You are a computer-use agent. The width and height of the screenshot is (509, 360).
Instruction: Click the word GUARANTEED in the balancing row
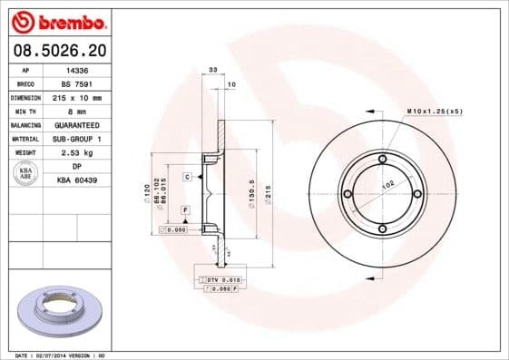[78, 124]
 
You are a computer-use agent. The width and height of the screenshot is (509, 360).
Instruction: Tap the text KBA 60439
[78, 181]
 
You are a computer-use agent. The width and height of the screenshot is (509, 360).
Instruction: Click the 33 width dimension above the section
[212, 70]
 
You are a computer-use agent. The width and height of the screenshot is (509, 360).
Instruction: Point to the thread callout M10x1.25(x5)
[435, 110]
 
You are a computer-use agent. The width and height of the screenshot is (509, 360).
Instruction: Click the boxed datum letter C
[187, 176]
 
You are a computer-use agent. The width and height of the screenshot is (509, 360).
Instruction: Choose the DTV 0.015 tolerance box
[219, 279]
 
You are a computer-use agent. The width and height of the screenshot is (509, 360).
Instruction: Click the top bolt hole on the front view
[382, 161]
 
